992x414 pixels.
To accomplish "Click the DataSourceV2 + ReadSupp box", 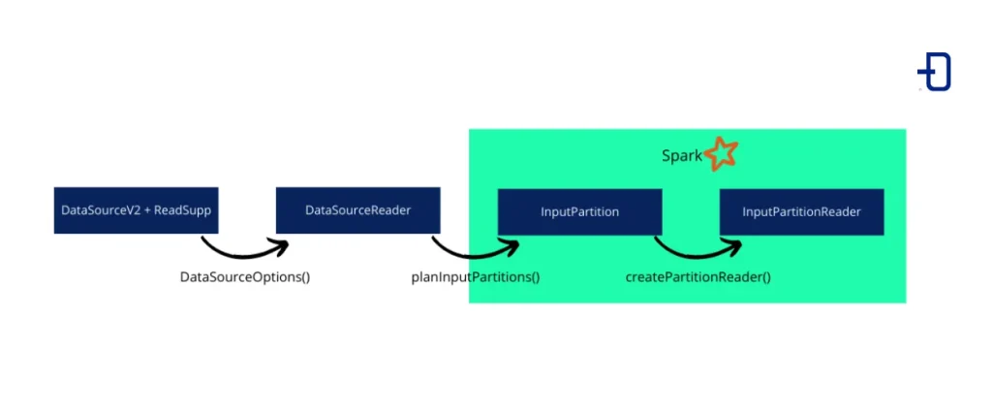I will (x=136, y=210).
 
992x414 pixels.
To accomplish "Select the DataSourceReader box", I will (x=357, y=210).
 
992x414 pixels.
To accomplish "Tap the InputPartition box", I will (x=579, y=211).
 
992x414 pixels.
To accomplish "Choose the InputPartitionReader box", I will (x=801, y=211).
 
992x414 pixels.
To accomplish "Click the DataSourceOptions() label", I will (x=245, y=277).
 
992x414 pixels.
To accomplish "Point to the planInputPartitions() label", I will (x=475, y=277).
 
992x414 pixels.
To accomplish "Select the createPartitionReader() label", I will (x=697, y=277).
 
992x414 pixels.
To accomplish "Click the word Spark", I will (x=681, y=155).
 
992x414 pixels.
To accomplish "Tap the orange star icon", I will (x=721, y=153).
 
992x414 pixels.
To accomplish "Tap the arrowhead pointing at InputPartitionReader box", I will (x=725, y=245).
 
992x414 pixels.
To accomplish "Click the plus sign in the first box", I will (x=149, y=210).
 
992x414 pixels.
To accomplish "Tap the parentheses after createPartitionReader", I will (x=765, y=277).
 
